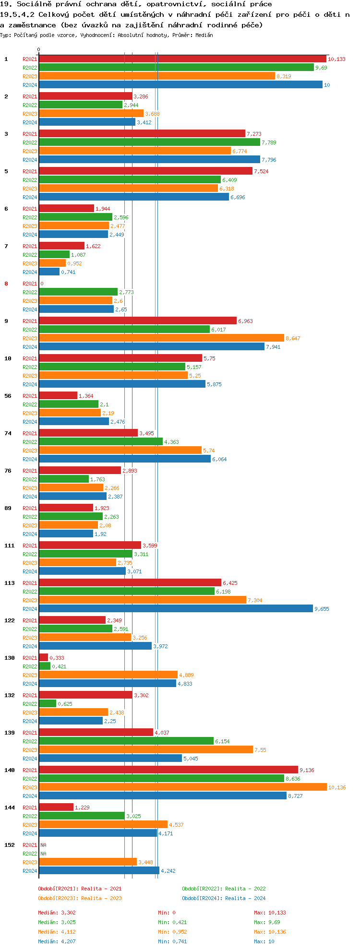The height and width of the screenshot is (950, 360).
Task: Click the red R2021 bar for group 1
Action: coord(182,59)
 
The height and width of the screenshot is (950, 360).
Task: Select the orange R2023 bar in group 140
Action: coord(182,787)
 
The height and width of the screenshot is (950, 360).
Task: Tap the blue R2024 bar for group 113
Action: coord(176,609)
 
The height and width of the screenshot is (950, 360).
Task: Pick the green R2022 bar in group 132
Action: coord(48,704)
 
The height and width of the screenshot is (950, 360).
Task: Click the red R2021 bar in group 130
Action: coord(43,658)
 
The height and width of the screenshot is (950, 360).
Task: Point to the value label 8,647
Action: coord(293,338)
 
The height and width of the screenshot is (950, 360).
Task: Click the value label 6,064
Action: coord(219,459)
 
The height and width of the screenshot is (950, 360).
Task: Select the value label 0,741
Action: coord(68,272)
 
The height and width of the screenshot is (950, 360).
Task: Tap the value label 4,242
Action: coord(168,871)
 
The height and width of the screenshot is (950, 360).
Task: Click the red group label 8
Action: coord(6,284)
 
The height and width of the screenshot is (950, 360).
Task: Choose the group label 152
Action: coord(9,845)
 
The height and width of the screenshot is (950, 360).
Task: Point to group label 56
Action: coord(8,396)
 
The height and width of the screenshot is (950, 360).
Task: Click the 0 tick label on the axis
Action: coord(39,49)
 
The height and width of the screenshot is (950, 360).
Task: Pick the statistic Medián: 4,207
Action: coord(57,941)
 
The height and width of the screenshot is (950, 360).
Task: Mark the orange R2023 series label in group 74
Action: coord(30,451)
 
